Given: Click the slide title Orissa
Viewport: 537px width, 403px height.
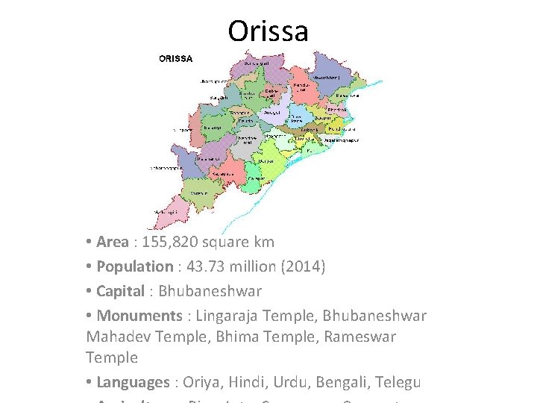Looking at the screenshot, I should pos(268,31).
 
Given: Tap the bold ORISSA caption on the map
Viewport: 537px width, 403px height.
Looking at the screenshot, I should pos(176,58).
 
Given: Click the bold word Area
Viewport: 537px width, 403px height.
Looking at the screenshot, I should pos(113,242).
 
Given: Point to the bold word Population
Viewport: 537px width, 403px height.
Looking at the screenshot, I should pos(134,266).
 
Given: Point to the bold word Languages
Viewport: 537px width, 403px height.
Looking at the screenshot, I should pos(133,382).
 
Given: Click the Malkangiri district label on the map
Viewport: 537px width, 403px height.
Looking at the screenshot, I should pos(166,212).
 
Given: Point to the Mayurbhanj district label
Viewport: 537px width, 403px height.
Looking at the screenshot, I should pos(327,77).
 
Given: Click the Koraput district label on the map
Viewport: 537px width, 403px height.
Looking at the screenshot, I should pos(199,193).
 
